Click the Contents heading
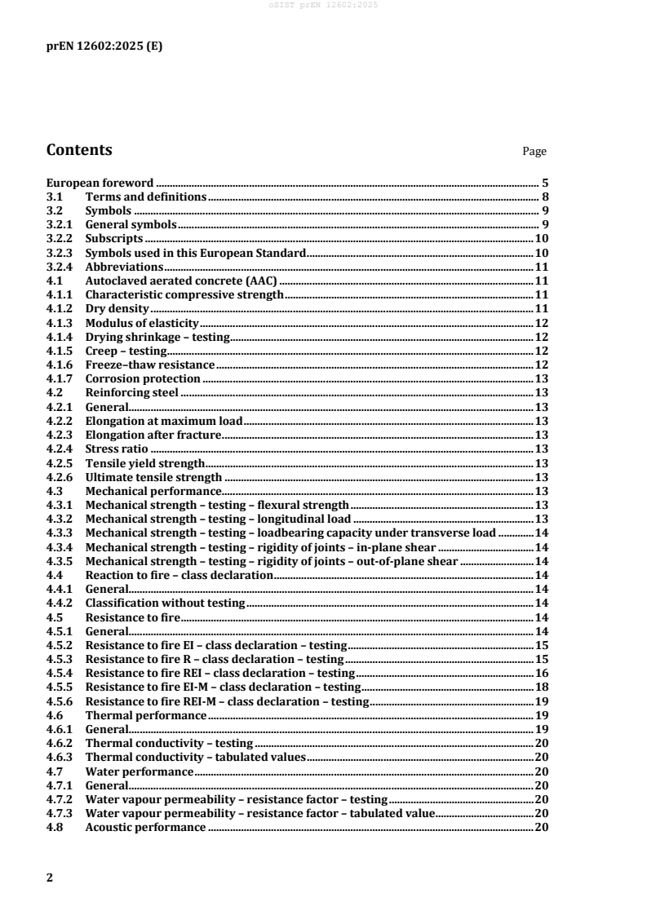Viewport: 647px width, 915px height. pyautogui.click(x=79, y=150)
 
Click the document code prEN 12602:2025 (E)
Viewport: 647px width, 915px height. pyautogui.click(x=104, y=46)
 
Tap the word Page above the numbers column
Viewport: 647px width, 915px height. pyautogui.click(x=534, y=152)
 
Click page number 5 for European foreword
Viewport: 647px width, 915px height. pyautogui.click(x=543, y=183)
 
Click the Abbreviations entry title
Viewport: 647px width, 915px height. pyautogui.click(x=124, y=267)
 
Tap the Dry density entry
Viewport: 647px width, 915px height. pyautogui.click(x=117, y=308)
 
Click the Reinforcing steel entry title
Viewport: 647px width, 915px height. pyautogui.click(x=131, y=391)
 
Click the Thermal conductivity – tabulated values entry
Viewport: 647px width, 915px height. pyautogui.click(x=195, y=756)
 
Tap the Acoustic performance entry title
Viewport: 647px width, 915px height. pyautogui.click(x=145, y=827)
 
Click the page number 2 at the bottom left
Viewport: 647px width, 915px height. pyautogui.click(x=50, y=878)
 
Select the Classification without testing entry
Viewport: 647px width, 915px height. pyautogui.click(x=165, y=603)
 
